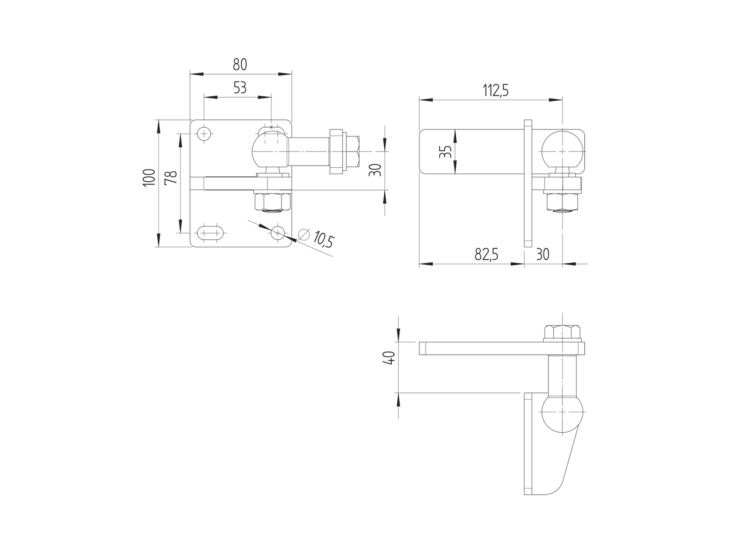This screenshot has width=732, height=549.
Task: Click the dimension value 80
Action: pos(240,64)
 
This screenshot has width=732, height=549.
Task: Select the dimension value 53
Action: pos(240,88)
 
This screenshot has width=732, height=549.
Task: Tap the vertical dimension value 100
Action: pos(149,178)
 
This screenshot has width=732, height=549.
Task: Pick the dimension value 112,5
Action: pos(495,91)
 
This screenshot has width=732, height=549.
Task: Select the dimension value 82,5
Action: pos(486,254)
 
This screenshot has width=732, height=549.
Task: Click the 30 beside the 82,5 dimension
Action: pos(542,254)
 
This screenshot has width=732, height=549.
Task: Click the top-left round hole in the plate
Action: pos(203,134)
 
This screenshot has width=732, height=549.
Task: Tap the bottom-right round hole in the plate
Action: pos(278,233)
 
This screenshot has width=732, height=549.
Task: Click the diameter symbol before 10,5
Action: pos(303,235)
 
